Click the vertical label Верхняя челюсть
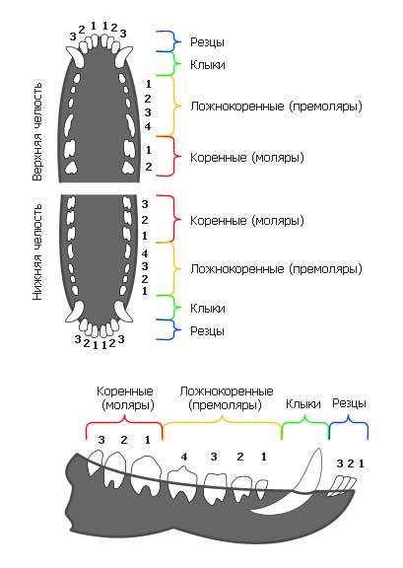pyautogui.click(x=37, y=132)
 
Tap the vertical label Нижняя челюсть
pyautogui.click(x=37, y=252)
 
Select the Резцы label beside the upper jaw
pyautogui.click(x=207, y=42)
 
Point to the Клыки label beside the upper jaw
pyautogui.click(x=208, y=65)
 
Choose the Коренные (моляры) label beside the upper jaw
pyautogui.click(x=247, y=158)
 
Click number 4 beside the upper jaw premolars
pyautogui.click(x=148, y=126)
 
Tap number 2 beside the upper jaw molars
pyautogui.click(x=149, y=167)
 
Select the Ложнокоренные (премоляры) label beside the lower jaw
pyautogui.click(x=276, y=269)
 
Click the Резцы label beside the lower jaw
pyautogui.click(x=207, y=331)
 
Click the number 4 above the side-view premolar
pyautogui.click(x=184, y=457)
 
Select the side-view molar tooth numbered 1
pyautogui.click(x=146, y=474)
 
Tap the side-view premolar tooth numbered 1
pyautogui.click(x=261, y=489)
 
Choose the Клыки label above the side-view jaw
pyautogui.click(x=303, y=404)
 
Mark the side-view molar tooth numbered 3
pyautogui.click(x=96, y=461)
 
